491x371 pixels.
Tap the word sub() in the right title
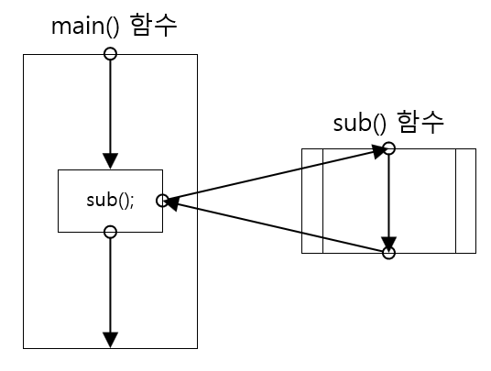click(x=363, y=124)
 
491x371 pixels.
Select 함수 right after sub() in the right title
click(x=423, y=124)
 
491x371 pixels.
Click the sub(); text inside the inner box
click(x=110, y=200)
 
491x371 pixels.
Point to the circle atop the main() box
click(x=110, y=54)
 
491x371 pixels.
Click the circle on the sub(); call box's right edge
click(x=162, y=200)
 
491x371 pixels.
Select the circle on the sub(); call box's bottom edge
click(x=110, y=231)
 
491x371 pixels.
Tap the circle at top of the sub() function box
click(x=388, y=147)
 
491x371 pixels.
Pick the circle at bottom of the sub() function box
click(x=388, y=253)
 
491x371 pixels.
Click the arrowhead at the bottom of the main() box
click(x=110, y=340)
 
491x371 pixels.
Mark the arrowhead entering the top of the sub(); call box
click(x=110, y=160)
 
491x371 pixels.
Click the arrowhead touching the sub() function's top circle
click(x=376, y=152)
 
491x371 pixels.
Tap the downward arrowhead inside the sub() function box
click(x=388, y=240)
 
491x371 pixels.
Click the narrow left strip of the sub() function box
click(x=312, y=201)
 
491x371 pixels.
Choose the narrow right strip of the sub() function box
click(x=465, y=201)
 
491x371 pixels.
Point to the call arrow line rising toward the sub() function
click(x=275, y=175)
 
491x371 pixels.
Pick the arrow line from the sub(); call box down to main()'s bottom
click(x=110, y=284)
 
